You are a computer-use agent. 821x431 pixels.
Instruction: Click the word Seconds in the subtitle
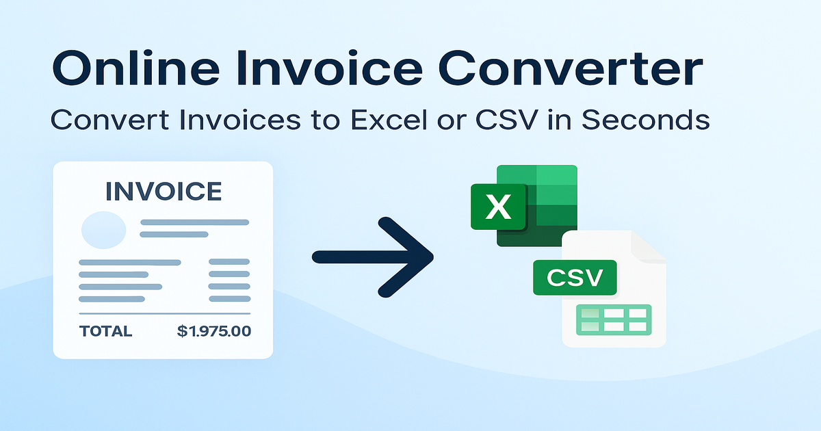pos(646,120)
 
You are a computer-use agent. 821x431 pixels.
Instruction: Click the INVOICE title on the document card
pos(163,192)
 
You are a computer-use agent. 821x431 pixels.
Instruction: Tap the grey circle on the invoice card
pos(103,229)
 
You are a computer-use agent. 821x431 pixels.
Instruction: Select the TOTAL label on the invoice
pos(105,332)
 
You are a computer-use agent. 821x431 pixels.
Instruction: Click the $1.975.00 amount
pos(213,332)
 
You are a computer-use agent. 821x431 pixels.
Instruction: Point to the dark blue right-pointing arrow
pos(373,257)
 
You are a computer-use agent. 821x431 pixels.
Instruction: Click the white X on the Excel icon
pos(497,207)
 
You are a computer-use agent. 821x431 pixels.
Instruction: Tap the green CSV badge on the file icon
pos(575,278)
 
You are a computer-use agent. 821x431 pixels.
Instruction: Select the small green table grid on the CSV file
pos(613,319)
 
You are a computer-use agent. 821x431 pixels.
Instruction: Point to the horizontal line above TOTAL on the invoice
pos(164,314)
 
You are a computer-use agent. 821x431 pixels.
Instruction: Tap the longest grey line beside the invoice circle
pos(194,222)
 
